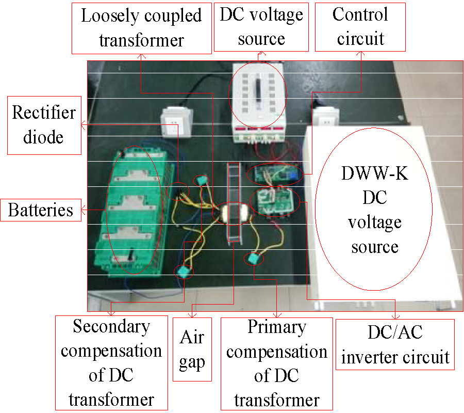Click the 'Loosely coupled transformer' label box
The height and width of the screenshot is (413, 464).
point(141,27)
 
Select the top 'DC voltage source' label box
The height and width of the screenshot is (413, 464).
point(261,26)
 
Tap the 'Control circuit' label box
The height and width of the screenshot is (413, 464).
point(360,26)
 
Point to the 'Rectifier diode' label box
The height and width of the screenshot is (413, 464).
point(44,124)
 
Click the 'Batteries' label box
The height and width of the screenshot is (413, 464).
point(41,210)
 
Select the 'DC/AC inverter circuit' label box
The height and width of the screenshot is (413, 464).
point(395,344)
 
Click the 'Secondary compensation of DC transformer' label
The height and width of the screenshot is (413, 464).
point(111,362)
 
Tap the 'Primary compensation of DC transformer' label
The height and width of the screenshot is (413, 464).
point(276,363)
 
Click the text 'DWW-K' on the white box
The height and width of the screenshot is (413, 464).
point(375,173)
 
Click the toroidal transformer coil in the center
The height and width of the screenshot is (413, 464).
point(231,213)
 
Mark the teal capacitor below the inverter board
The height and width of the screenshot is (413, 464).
point(254,258)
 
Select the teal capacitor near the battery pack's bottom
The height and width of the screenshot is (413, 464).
point(183,270)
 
